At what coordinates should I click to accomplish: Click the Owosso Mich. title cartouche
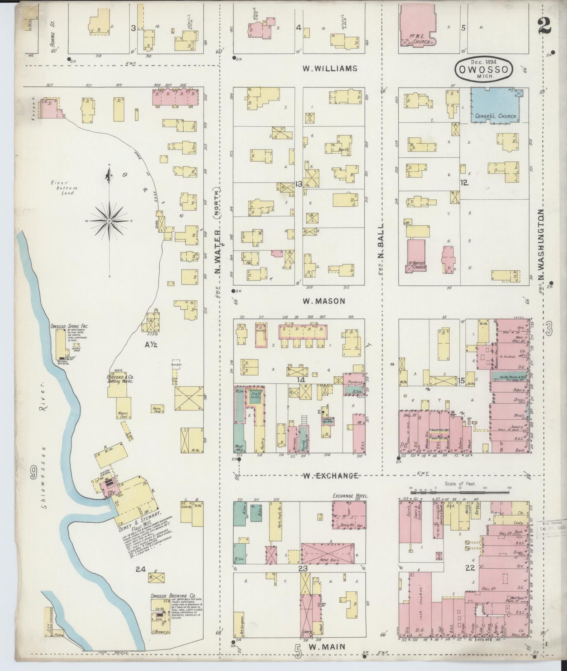(x=484, y=69)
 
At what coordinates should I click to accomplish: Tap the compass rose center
(x=109, y=222)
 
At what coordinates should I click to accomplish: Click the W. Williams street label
(x=330, y=68)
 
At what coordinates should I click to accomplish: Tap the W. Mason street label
(x=324, y=301)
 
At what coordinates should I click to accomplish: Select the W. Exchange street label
(x=331, y=476)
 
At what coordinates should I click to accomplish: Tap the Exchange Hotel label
(x=350, y=496)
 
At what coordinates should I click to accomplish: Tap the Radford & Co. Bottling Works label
(x=120, y=379)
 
